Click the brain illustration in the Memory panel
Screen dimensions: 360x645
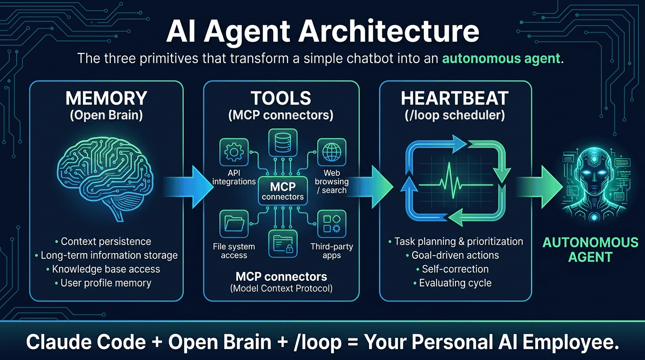point(107,180)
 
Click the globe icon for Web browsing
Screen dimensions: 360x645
point(331,152)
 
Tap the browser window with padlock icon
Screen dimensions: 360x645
point(282,243)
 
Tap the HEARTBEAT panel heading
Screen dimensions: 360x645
point(455,98)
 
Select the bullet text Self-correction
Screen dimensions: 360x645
point(455,269)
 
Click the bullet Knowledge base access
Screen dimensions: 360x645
point(106,269)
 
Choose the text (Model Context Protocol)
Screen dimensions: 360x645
point(281,288)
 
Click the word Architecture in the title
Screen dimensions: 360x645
point(390,32)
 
